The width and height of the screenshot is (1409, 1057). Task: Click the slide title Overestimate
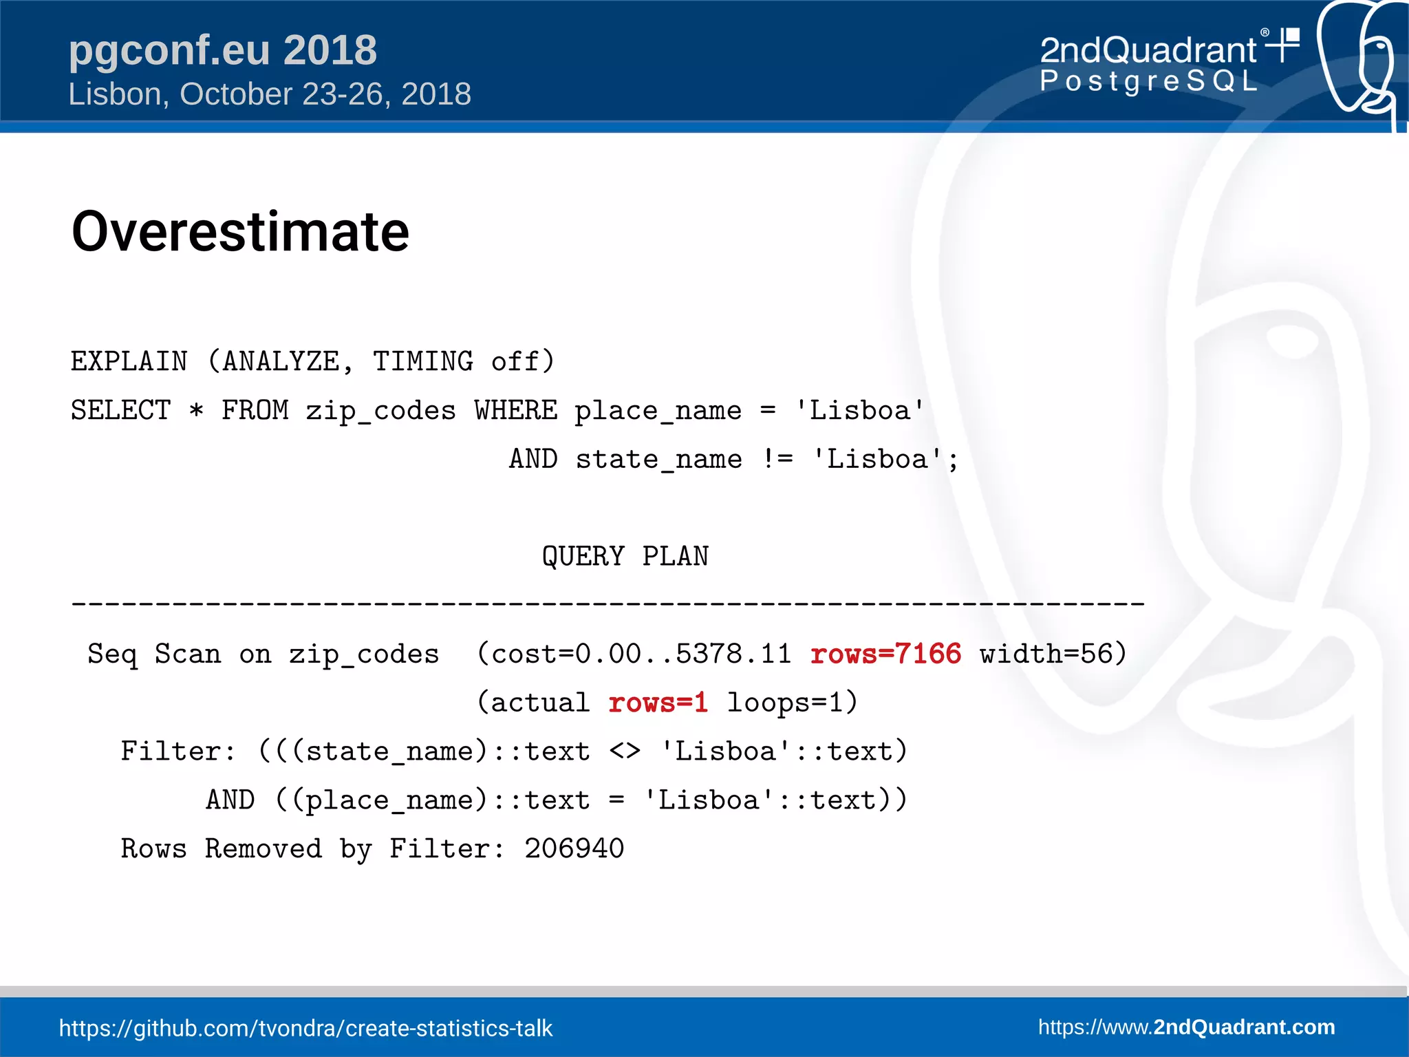coord(240,232)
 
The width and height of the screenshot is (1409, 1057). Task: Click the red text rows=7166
coord(885,654)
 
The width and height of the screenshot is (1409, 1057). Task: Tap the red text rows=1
coord(658,703)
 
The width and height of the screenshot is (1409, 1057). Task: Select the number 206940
coord(574,848)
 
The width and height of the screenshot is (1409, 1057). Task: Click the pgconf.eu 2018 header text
coord(223,50)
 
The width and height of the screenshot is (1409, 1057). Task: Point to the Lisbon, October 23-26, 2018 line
coord(270,94)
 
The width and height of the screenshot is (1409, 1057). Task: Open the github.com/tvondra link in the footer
coord(305,1028)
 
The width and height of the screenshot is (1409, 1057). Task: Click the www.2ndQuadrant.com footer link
coord(1186,1027)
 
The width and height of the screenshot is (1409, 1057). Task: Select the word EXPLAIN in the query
coord(129,361)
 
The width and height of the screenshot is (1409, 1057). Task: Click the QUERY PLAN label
coord(625,556)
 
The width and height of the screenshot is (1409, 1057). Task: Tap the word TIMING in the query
coord(422,361)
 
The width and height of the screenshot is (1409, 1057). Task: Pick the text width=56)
coord(1053,654)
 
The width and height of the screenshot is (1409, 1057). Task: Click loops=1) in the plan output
coord(792,703)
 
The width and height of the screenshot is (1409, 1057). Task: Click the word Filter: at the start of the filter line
coord(178,751)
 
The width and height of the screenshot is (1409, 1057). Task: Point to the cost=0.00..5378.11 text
coord(641,654)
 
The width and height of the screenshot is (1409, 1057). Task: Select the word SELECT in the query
coord(121,410)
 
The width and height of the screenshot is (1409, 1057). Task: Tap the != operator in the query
coord(777,459)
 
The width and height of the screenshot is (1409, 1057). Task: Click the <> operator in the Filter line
coord(625,751)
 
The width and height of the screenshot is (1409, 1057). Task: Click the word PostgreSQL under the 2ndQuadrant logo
coord(1148,81)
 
